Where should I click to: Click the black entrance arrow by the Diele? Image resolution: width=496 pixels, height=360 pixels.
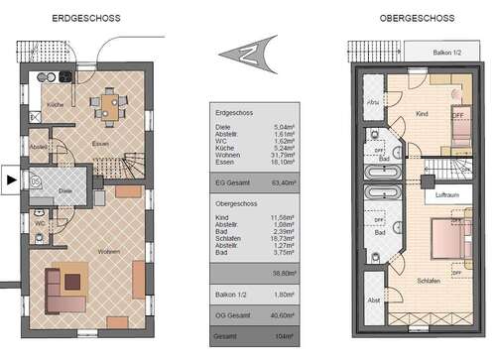[10, 180]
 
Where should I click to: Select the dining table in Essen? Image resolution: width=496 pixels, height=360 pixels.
[107, 102]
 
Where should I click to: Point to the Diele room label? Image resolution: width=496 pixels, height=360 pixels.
[66, 189]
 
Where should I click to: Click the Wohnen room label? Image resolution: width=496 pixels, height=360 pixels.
[109, 253]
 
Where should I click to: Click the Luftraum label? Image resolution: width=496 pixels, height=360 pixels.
[444, 196]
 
